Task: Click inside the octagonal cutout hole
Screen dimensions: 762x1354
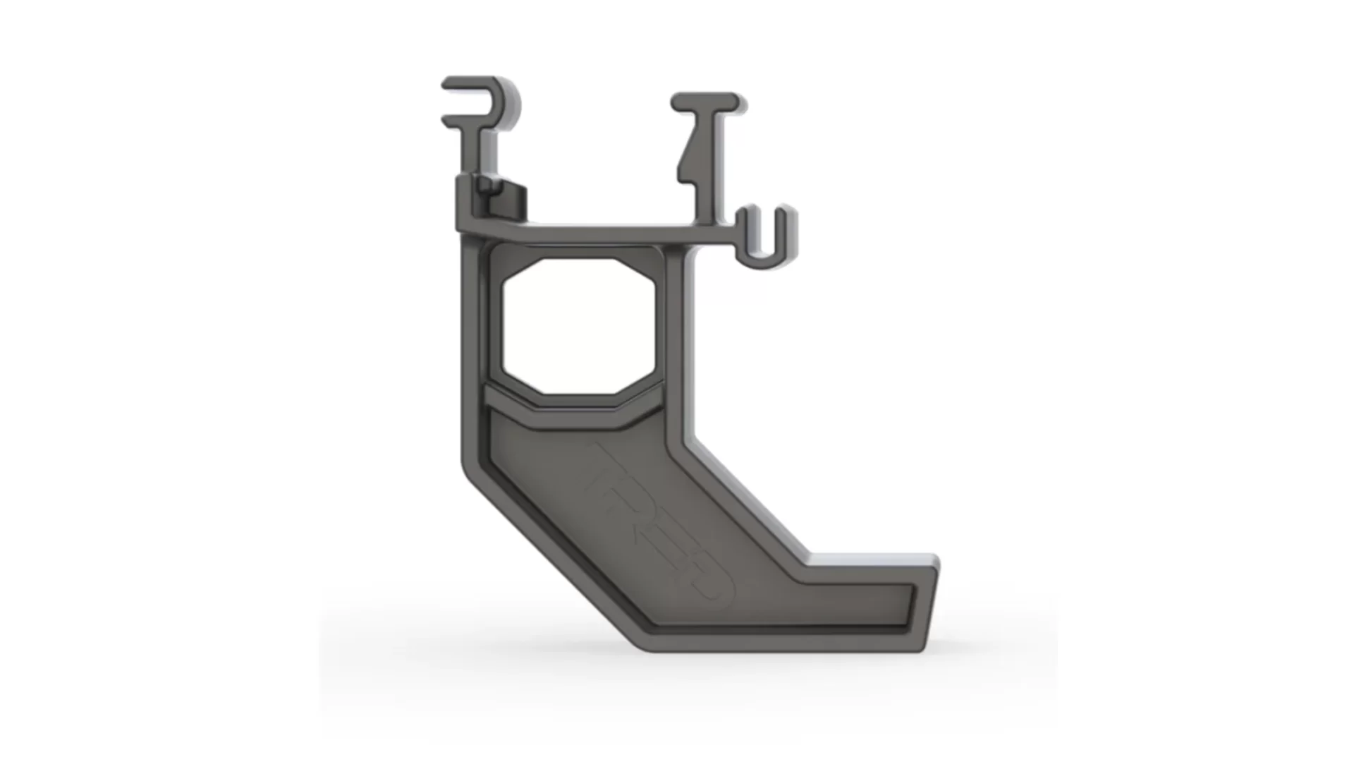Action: tap(583, 326)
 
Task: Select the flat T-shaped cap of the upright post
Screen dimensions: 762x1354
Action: tap(705, 102)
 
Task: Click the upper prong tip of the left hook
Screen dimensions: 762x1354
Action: tap(447, 83)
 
